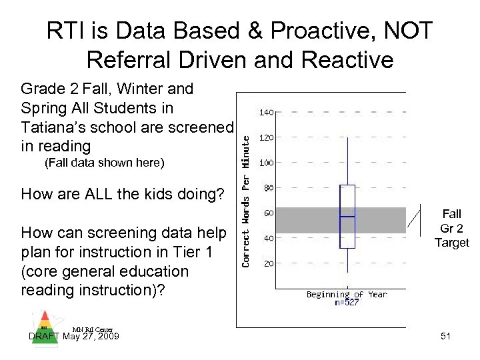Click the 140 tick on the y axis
[267, 113]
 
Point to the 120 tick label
[267, 138]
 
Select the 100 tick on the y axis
[267, 163]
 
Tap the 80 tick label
[268, 188]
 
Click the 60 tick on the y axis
[268, 213]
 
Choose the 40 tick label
[268, 238]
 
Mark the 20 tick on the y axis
[268, 263]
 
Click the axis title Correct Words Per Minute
[245, 200]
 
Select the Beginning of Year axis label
[346, 294]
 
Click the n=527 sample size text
[346, 303]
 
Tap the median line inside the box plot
[347, 217]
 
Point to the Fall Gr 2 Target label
[451, 228]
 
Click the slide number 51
[445, 337]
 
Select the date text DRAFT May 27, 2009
[75, 337]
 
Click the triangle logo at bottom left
[43, 320]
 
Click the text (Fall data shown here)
[103, 163]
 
